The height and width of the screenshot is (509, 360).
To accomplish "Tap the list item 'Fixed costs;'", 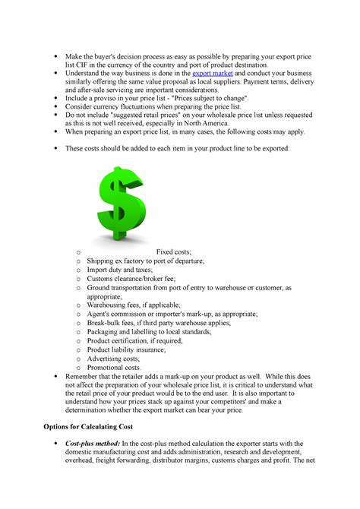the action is click(x=174, y=251).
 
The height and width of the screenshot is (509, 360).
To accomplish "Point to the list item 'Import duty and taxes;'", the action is click(x=119, y=269).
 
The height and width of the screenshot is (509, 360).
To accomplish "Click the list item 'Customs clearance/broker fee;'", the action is click(x=131, y=279).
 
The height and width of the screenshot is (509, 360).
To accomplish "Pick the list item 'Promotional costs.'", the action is click(x=114, y=367).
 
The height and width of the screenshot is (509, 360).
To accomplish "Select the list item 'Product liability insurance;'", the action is click(x=125, y=349).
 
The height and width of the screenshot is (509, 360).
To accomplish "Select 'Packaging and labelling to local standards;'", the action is click(x=148, y=331).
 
